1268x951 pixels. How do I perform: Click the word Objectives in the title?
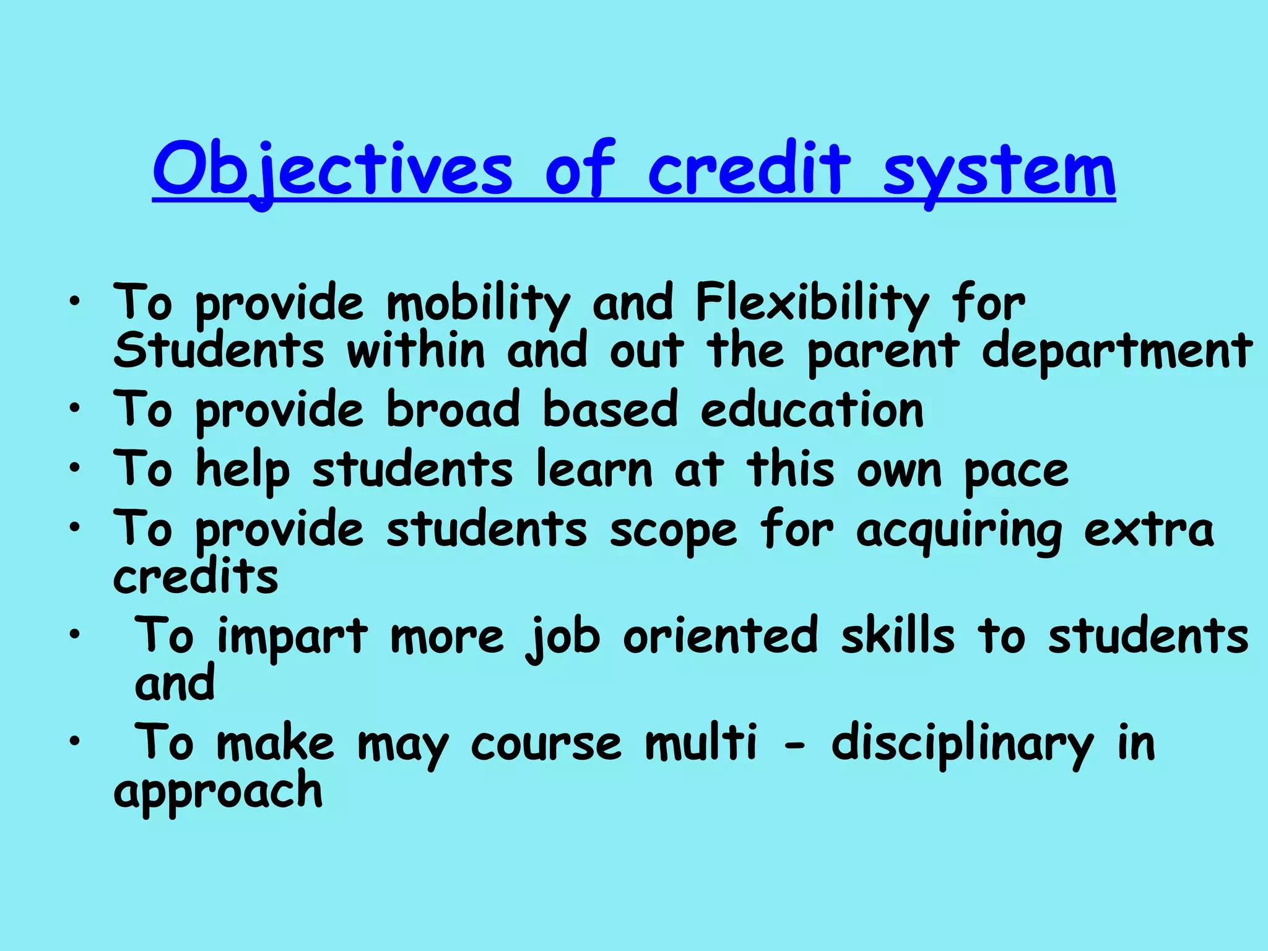click(332, 170)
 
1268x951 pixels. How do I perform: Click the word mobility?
click(477, 303)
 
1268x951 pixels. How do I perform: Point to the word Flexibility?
click(812, 303)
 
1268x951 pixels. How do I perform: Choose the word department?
click(1116, 352)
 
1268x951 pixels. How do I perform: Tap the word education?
click(812, 410)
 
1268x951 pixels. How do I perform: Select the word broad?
click(453, 410)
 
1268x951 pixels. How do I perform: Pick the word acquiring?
click(958, 531)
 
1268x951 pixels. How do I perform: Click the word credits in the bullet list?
click(196, 577)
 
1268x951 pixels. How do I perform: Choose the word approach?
click(218, 792)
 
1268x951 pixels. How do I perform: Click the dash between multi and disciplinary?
click(794, 747)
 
